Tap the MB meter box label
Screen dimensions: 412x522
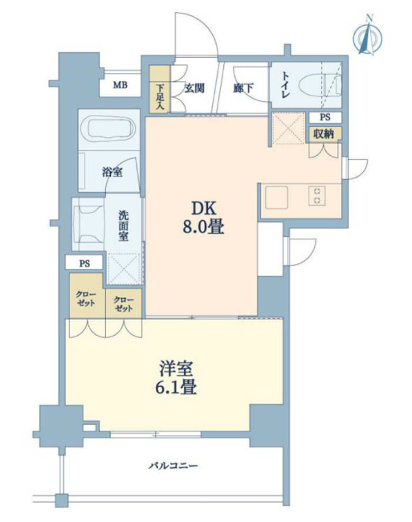click(120, 85)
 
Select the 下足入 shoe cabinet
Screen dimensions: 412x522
click(160, 88)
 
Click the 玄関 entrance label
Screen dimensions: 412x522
click(194, 88)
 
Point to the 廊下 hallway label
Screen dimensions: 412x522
click(243, 88)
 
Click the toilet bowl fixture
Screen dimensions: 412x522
click(320, 86)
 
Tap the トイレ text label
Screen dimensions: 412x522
click(285, 85)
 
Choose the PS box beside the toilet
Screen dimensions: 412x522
click(325, 117)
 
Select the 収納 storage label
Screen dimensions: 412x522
click(324, 134)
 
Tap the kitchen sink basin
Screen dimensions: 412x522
click(276, 197)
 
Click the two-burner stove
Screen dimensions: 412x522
click(316, 196)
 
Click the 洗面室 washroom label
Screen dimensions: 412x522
click(124, 226)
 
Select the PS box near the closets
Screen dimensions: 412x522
click(84, 263)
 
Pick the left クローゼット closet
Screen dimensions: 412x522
click(86, 296)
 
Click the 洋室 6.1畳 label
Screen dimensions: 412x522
click(176, 377)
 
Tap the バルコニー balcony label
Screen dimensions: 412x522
click(173, 466)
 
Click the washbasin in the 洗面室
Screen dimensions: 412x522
click(89, 224)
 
